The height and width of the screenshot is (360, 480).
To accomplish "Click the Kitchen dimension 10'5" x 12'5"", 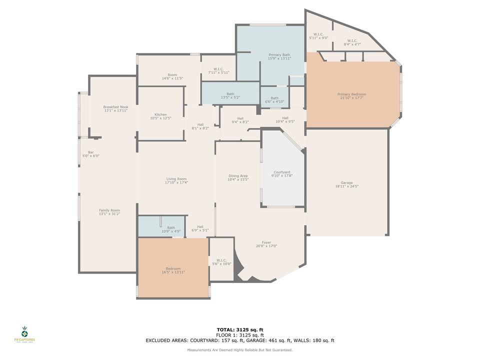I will (160, 118).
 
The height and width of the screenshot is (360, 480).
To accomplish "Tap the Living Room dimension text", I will (176, 182).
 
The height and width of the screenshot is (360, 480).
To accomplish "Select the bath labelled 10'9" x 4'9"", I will (171, 229).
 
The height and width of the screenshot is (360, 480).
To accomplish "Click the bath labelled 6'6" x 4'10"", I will (274, 99).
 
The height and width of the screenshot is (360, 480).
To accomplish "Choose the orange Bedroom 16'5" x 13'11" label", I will (173, 270).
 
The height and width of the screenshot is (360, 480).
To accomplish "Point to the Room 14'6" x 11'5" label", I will (172, 76).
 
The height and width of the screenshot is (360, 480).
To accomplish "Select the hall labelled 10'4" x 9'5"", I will (285, 119).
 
